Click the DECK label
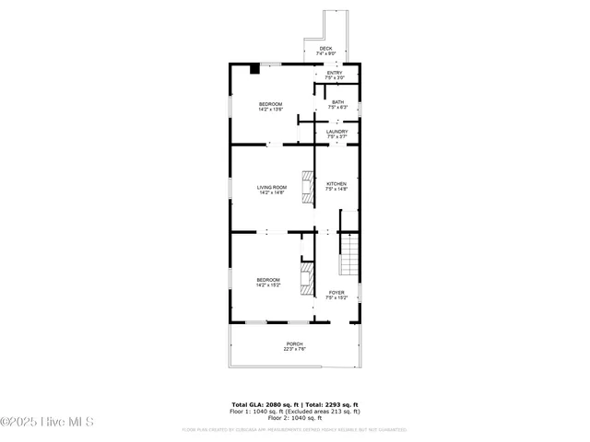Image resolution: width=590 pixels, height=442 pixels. (x=325, y=48)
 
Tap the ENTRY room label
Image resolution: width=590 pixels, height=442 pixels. (x=334, y=72)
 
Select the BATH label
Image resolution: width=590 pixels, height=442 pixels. (x=338, y=102)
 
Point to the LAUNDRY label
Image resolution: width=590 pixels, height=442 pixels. (x=337, y=132)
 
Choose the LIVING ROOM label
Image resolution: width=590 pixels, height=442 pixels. (x=271, y=187)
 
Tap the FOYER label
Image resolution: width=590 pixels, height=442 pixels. (x=336, y=293)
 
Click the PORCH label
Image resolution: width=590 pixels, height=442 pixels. (x=294, y=343)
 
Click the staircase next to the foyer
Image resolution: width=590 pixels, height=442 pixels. (x=349, y=254)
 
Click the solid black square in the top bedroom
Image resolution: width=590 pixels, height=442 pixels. (x=254, y=67)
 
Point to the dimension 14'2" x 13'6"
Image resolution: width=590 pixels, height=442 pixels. (x=270, y=110)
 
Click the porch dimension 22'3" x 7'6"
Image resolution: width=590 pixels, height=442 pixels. (x=294, y=349)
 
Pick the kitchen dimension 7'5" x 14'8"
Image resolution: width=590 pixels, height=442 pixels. (x=337, y=189)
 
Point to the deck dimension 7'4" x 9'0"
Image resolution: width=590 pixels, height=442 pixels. (x=325, y=53)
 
